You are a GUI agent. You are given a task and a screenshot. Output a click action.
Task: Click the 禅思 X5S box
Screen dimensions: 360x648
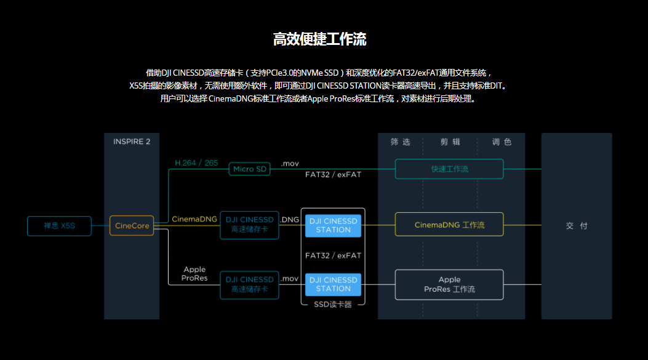point(59,226)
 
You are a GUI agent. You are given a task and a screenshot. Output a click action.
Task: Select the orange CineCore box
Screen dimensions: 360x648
point(131,226)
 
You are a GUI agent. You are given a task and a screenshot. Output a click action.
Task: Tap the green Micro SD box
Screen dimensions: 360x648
point(249,169)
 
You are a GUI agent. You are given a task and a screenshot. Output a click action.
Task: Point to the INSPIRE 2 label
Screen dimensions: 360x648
point(132,142)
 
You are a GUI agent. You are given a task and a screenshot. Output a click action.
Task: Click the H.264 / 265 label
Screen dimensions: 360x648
point(196,163)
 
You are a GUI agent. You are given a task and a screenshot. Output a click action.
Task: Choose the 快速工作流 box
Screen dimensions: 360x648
point(449,169)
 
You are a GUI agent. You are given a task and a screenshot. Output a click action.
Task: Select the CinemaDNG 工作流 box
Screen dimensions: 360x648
point(449,225)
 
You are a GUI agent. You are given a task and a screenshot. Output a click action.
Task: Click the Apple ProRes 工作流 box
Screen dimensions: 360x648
point(449,284)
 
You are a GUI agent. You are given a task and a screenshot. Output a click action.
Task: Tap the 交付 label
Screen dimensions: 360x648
point(577,226)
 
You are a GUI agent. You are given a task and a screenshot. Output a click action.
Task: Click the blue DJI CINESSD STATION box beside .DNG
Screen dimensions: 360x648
point(333,225)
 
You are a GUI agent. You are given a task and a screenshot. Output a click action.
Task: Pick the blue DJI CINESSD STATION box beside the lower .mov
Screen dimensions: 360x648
point(333,284)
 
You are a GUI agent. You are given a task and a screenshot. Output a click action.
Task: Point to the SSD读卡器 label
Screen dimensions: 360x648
point(333,305)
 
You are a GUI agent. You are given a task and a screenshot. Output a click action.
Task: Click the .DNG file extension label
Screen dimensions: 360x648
point(289,219)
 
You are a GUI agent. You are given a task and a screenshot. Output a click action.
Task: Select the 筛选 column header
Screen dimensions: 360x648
point(400,142)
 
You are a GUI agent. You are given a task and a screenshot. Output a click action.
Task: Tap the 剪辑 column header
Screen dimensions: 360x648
point(450,142)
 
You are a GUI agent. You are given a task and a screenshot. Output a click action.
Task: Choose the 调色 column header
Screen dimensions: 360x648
point(502,142)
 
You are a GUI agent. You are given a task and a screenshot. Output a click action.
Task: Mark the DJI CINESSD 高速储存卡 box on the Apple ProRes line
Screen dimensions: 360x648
point(249,284)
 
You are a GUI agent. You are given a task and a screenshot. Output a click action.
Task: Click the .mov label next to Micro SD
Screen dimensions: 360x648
point(289,164)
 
